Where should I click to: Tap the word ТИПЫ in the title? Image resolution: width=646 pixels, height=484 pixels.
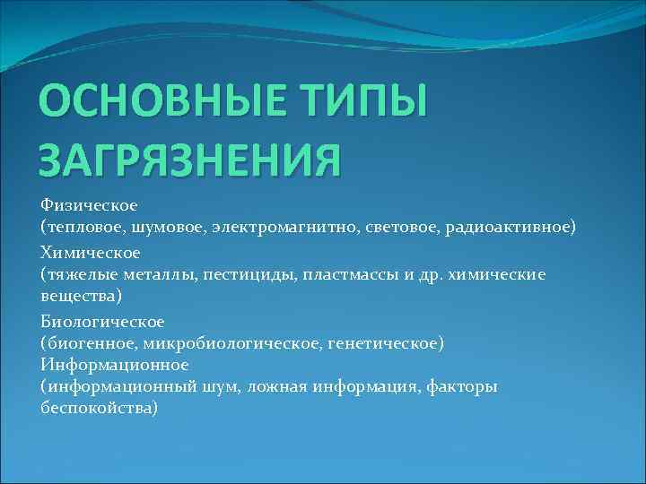(362, 105)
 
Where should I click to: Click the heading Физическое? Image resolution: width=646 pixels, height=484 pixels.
(87, 206)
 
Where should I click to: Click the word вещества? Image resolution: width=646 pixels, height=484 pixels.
(77, 294)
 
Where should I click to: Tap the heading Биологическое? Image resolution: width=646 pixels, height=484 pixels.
(102, 321)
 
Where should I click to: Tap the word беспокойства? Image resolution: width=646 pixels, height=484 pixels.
(97, 408)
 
